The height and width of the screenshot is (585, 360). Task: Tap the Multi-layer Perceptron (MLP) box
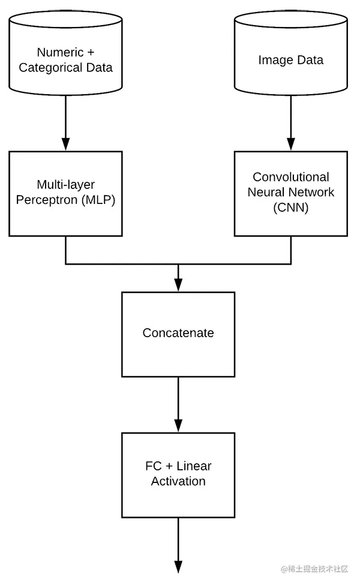click(65, 193)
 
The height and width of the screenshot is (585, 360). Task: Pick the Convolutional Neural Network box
click(290, 193)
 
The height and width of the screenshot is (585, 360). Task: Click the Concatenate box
click(178, 334)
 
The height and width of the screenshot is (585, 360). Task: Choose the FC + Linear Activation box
click(178, 474)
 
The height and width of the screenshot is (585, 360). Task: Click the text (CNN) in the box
click(291, 208)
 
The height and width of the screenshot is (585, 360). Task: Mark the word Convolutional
click(291, 177)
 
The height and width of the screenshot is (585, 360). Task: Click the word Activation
click(178, 481)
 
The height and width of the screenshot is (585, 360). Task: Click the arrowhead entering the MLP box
click(65, 144)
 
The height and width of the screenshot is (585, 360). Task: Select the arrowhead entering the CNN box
click(290, 144)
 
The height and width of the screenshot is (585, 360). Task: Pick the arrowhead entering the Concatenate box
click(178, 285)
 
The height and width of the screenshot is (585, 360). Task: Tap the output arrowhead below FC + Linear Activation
click(178, 566)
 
